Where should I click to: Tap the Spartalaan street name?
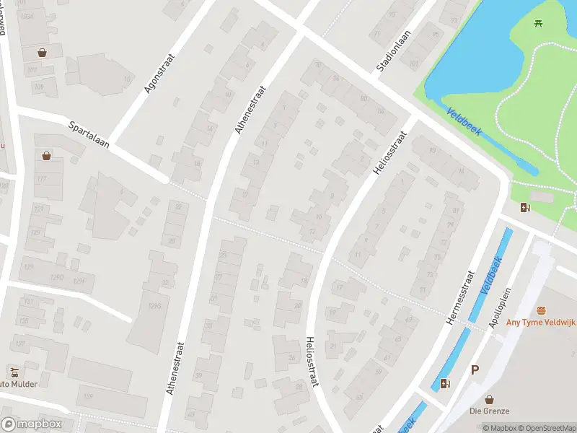(88, 134)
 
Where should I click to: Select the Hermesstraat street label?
(460, 297)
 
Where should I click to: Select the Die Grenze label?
(490, 411)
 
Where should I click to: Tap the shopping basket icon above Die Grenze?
(490, 398)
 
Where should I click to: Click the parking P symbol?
(475, 369)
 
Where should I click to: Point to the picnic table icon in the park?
(539, 24)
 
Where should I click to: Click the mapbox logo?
(30, 424)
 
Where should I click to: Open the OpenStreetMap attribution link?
(545, 428)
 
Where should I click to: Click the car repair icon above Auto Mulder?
(14, 372)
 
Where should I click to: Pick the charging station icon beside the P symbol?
(446, 383)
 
